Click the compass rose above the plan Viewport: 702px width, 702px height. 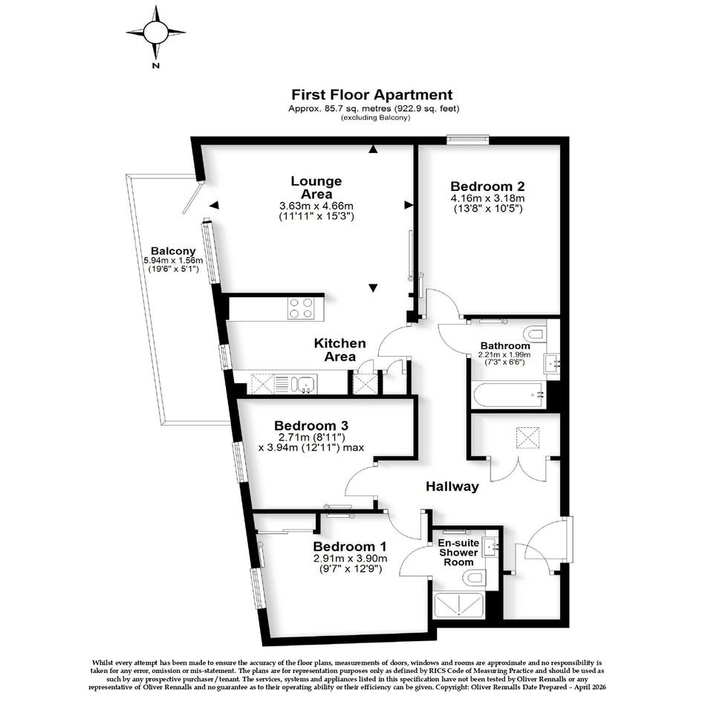coord(155,32)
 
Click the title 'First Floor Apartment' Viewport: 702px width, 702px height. coord(372,95)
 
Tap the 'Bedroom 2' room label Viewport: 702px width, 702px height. coord(487,186)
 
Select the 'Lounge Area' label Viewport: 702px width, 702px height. coord(316,187)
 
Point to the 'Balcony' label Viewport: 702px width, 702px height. coord(173,251)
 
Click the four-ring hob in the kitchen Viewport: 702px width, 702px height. coord(300,308)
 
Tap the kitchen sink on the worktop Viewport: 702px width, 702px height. coord(305,384)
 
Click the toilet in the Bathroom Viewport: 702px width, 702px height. coord(535,334)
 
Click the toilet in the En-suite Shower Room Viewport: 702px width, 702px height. coord(475,577)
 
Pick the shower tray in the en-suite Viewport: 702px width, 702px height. coord(458,605)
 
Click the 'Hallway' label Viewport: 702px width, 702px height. coord(452,487)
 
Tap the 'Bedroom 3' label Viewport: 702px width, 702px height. coord(311,426)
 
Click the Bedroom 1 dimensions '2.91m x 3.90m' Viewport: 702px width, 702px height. coord(350,559)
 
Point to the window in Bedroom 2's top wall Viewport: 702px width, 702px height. coord(468,140)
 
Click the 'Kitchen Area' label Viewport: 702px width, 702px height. coord(339,350)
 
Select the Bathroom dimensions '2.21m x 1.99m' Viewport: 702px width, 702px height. coord(504,354)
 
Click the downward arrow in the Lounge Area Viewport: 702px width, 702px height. coord(373,288)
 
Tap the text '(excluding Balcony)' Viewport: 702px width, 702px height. coord(375,118)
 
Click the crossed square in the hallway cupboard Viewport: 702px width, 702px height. coord(528,438)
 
